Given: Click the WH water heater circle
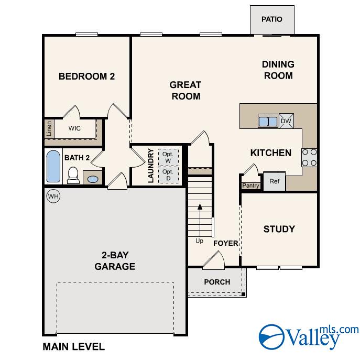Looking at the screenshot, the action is (x=53, y=197).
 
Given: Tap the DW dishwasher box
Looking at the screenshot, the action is (x=286, y=121).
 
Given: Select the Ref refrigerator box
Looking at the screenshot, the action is (x=275, y=181).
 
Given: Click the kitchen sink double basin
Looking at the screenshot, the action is (x=268, y=121).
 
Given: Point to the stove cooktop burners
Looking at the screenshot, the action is (x=309, y=158).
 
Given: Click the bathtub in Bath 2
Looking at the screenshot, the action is (x=53, y=167).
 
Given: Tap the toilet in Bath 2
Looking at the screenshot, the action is (x=73, y=176).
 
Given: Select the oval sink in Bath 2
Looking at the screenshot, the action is (x=93, y=179).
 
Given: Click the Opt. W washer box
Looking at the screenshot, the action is (x=168, y=158).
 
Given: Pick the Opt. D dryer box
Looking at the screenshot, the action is (x=168, y=175).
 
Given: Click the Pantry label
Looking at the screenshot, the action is (x=250, y=186).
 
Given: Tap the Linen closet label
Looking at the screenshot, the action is (x=49, y=129).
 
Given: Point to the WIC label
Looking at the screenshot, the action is (x=74, y=128).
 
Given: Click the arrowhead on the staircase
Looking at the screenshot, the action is (x=200, y=206).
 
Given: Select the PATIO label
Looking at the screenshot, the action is (x=272, y=19).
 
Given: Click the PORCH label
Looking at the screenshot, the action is (x=217, y=282).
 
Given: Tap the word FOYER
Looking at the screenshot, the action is (x=226, y=243).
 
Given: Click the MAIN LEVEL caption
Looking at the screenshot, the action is (x=74, y=347).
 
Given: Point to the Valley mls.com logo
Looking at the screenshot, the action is (x=308, y=337).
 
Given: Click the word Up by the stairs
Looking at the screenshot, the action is (x=199, y=241).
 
